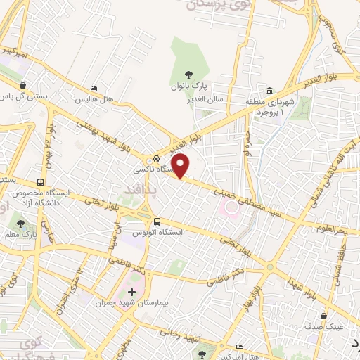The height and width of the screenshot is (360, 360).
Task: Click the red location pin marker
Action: [x=181, y=165]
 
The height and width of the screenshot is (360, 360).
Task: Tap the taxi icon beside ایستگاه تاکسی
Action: [x=157, y=158]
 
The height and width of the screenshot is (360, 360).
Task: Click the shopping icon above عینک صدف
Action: [x=323, y=316]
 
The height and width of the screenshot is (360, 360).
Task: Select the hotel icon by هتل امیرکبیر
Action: [x=240, y=347]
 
